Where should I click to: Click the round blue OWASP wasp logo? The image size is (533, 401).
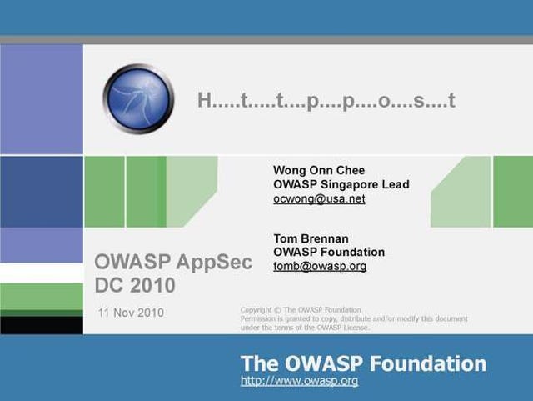coord(138,99)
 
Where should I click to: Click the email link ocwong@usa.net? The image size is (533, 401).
coord(319,198)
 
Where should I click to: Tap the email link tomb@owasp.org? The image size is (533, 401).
coord(320,266)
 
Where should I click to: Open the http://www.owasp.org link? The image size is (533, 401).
coord(299,381)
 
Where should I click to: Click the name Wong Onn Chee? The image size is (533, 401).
coord(319,170)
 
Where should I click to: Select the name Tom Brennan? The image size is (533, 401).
coord(311,238)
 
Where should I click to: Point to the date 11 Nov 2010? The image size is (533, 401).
coord(131,313)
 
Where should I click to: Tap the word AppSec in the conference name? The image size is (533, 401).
coord(214,263)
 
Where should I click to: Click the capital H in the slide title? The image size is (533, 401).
coord(205,100)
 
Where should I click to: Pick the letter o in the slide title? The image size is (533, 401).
coord(384,102)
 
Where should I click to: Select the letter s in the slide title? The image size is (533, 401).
coord(419,102)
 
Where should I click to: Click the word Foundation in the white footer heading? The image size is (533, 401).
coord(428,363)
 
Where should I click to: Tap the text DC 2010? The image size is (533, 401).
coord(135,285)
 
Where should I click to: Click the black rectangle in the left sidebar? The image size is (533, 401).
coord(42,325)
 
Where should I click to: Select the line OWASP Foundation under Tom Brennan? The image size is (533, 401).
coord(329,252)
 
